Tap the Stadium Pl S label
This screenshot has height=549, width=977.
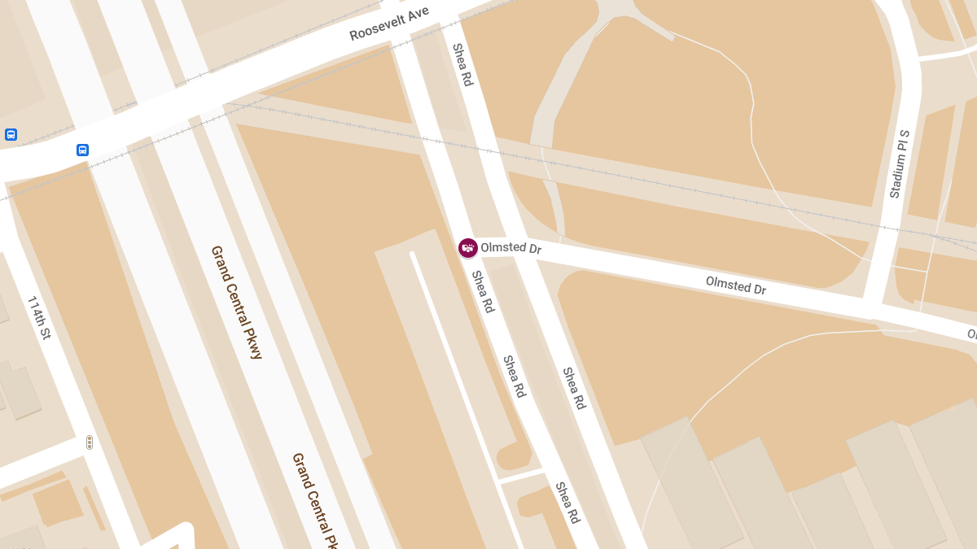click(899, 163)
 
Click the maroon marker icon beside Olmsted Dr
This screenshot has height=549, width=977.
click(467, 248)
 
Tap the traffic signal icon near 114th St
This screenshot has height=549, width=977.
click(90, 442)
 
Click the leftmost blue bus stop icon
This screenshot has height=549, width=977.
click(11, 134)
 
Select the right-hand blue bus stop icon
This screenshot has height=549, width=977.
click(82, 150)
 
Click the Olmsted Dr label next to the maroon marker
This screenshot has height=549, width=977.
click(510, 247)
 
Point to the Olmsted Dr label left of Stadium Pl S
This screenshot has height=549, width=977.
click(735, 285)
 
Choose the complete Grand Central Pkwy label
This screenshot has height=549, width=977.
click(237, 302)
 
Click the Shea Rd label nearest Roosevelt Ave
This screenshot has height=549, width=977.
click(462, 65)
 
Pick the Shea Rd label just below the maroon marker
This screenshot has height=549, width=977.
click(483, 292)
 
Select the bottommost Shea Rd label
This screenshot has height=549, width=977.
click(567, 503)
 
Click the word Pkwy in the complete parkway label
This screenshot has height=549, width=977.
click(252, 340)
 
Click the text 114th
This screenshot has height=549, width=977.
click(35, 309)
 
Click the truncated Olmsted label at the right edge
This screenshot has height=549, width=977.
click(971, 333)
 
